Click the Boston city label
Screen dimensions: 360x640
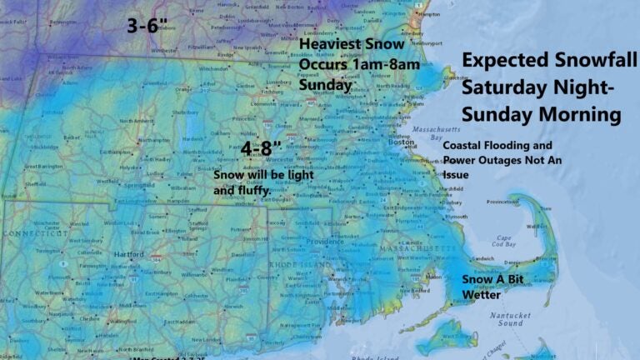(x=402, y=142)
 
